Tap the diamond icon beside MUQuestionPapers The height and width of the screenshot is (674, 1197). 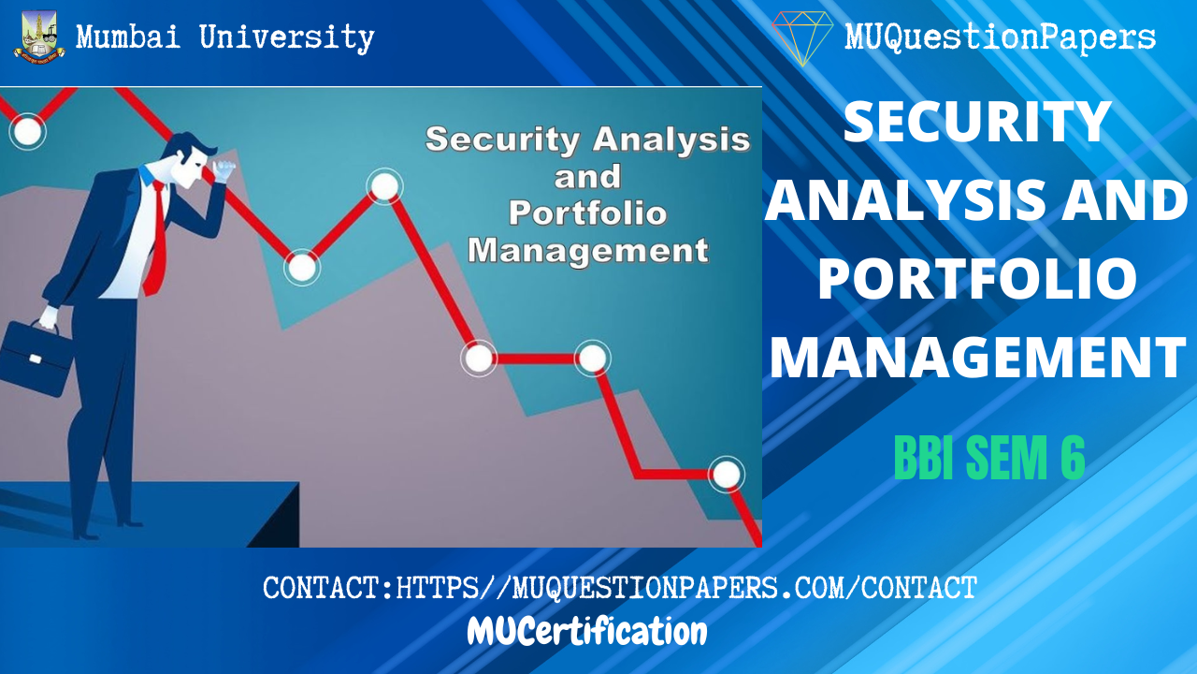[x=802, y=37]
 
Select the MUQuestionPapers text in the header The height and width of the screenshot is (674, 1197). [x=1000, y=37]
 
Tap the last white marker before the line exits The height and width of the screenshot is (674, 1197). [x=726, y=474]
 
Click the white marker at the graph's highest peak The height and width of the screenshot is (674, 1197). [x=383, y=186]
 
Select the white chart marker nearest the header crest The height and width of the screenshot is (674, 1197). [x=27, y=131]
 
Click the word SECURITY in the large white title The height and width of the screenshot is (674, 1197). [x=977, y=122]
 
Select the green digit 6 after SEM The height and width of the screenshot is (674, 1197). [x=1071, y=459]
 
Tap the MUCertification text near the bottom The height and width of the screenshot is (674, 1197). [x=587, y=633]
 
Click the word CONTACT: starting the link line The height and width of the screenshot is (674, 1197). [x=328, y=588]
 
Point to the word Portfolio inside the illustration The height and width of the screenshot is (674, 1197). [x=587, y=213]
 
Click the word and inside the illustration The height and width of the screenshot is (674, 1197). [x=587, y=176]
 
